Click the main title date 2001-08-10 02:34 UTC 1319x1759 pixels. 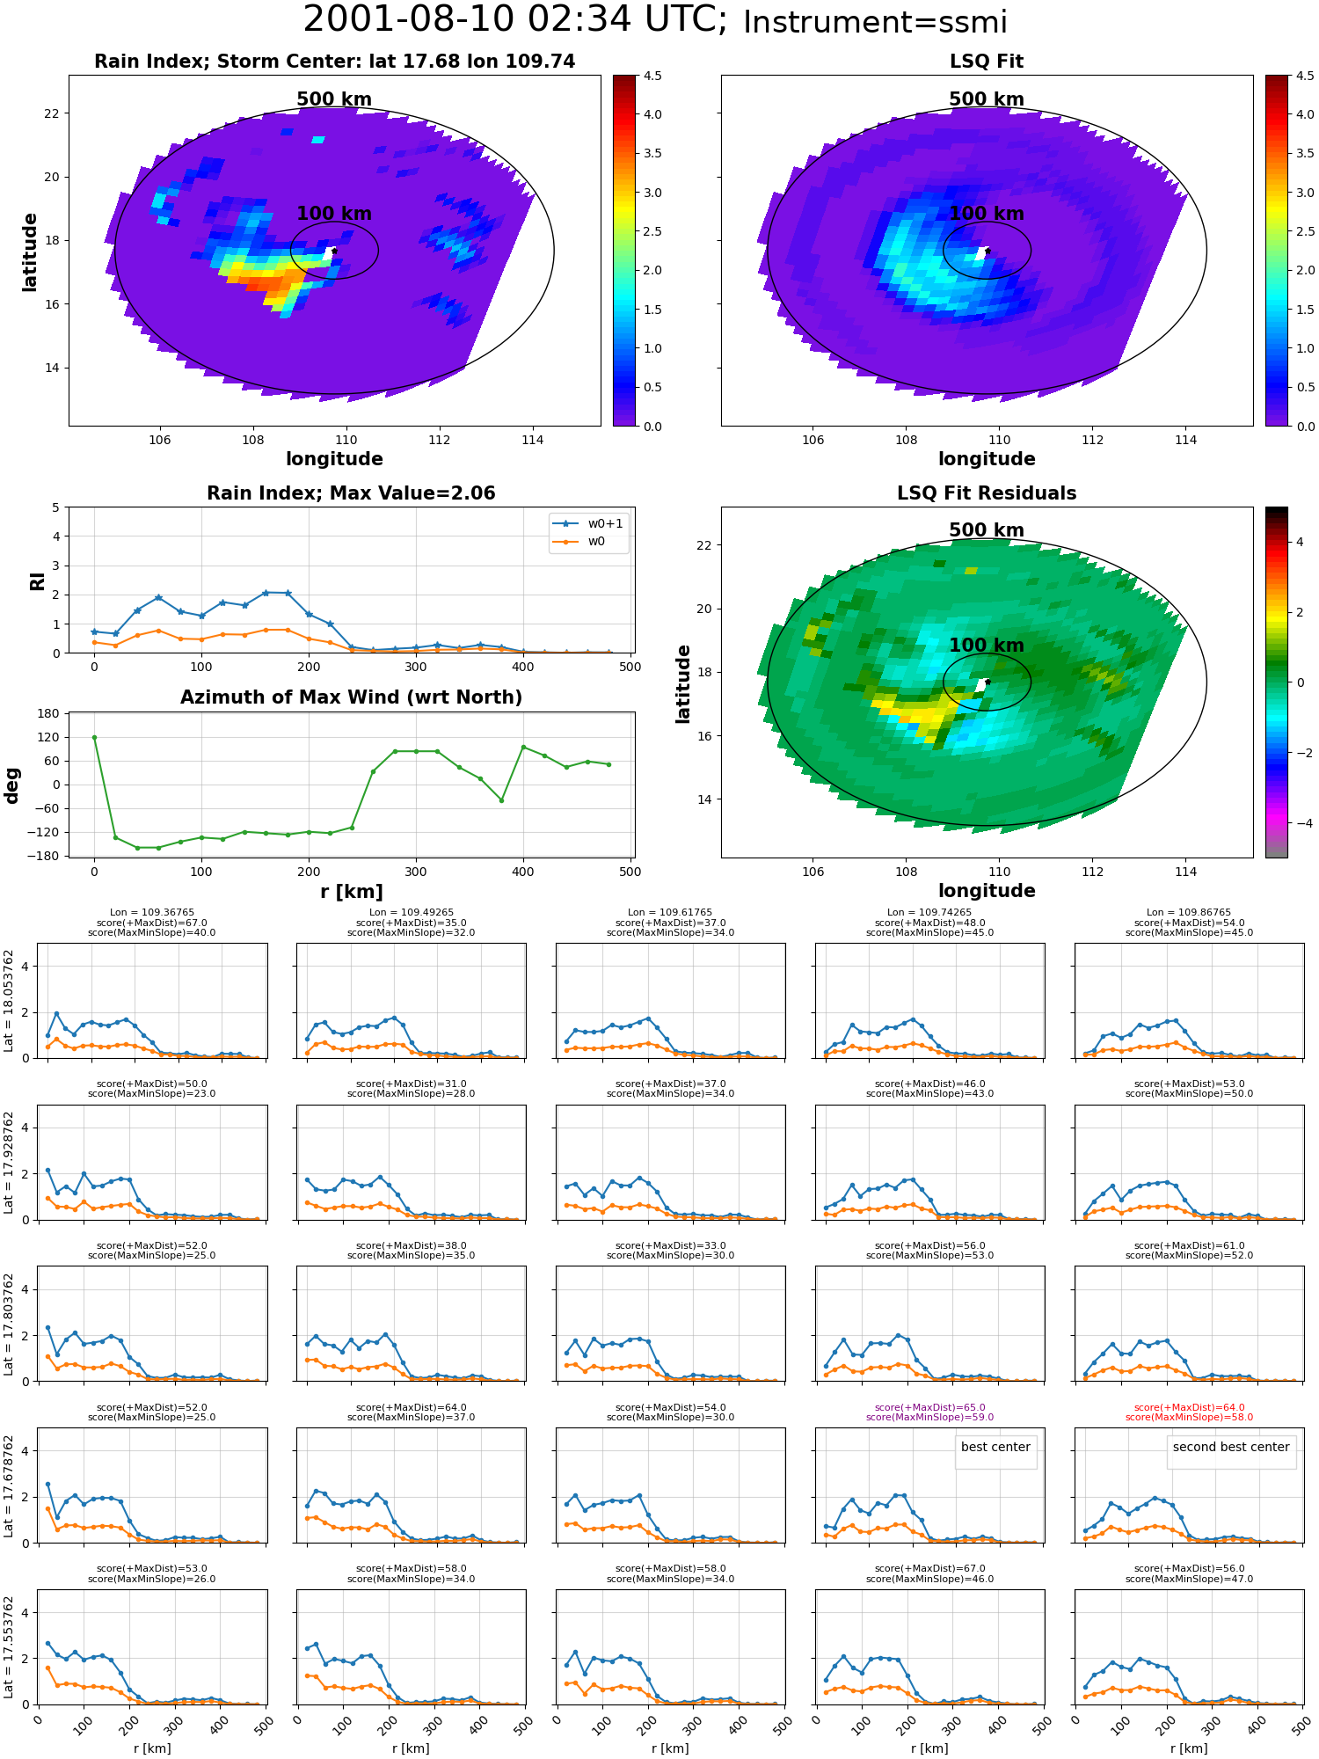pyautogui.click(x=515, y=20)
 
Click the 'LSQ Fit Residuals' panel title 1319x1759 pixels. pyautogui.click(x=987, y=493)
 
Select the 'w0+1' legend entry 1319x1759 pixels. pyautogui.click(x=588, y=523)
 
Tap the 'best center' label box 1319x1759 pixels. pyautogui.click(x=995, y=1447)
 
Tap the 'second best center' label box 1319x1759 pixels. pyautogui.click(x=1231, y=1447)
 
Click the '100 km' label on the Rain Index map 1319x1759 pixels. pyautogui.click(x=334, y=214)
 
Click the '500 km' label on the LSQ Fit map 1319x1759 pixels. pyautogui.click(x=987, y=99)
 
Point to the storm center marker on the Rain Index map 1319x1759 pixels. pyautogui.click(x=334, y=251)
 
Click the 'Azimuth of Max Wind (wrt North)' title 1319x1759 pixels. pyautogui.click(x=352, y=697)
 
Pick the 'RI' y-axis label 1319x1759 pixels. pyautogui.click(x=37, y=580)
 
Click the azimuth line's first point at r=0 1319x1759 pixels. pyautogui.click(x=94, y=737)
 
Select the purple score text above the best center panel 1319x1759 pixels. pyautogui.click(x=929, y=1412)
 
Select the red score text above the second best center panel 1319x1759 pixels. pyautogui.click(x=1189, y=1412)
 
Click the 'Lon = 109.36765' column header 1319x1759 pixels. pyautogui.click(x=152, y=913)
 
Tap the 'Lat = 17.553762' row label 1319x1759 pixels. pyautogui.click(x=9, y=1647)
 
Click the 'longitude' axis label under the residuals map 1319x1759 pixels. pyautogui.click(x=987, y=891)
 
